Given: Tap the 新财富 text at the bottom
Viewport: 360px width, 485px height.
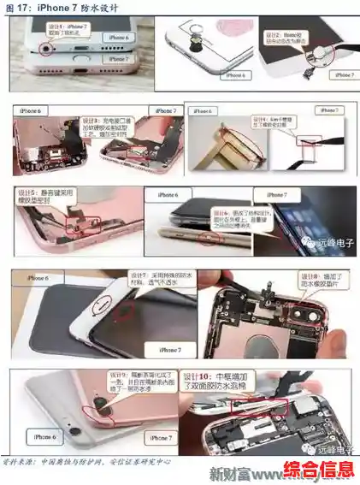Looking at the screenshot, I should [232, 474].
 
